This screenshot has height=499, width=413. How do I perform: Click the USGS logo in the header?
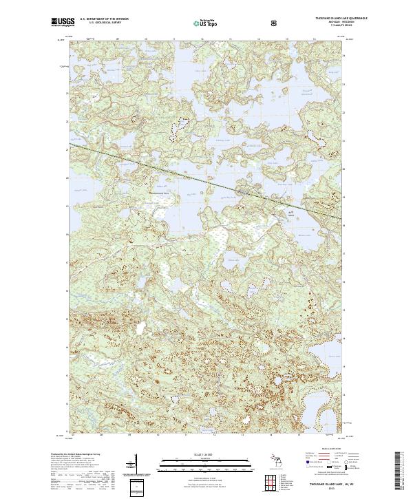tap(61, 23)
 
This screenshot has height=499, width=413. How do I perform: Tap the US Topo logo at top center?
tap(206, 23)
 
